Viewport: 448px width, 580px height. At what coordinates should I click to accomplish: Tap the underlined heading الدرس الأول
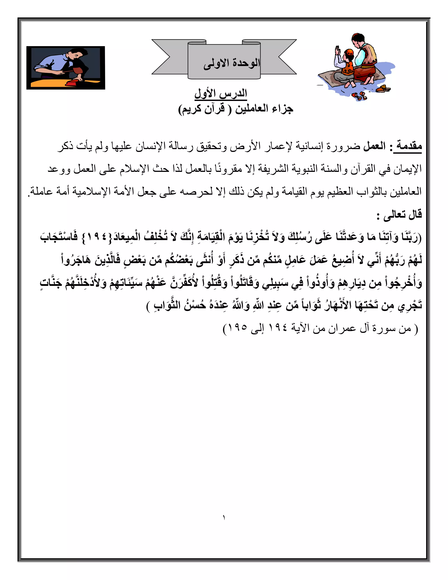tap(221, 94)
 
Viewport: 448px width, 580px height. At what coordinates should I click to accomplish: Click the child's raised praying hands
tap(338, 51)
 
